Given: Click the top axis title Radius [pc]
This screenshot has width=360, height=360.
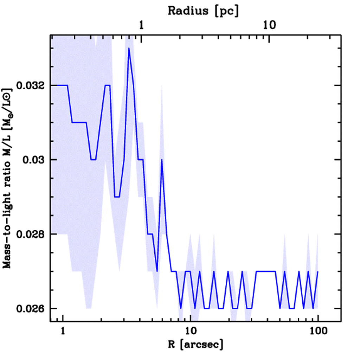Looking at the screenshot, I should coord(203,11).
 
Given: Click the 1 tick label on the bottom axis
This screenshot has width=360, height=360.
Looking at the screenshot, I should coord(63,331).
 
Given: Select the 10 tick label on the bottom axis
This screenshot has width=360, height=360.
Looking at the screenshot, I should coord(190,331).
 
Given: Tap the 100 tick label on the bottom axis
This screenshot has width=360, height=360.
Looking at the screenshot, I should coord(318,331).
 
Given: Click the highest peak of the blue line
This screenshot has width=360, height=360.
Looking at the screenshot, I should coord(129,48).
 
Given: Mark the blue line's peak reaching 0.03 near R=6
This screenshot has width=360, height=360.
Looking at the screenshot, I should coord(162,160).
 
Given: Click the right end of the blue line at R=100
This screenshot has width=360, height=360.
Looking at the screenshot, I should coord(318,271).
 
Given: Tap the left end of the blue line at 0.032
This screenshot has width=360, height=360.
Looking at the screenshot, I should coord(52,85).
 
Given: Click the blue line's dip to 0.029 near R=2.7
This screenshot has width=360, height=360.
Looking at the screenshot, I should coord(117,197).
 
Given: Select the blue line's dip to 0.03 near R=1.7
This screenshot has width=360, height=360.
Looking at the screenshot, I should coord(93,160).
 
